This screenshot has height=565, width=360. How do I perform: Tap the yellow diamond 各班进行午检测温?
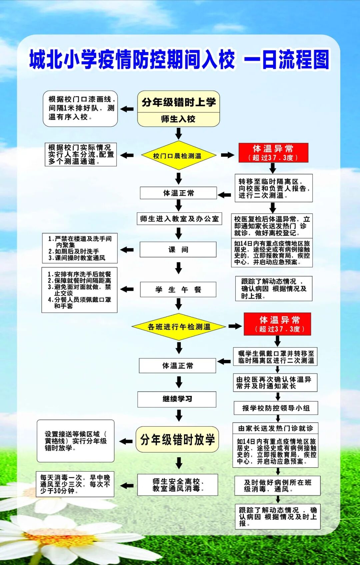click(179, 327)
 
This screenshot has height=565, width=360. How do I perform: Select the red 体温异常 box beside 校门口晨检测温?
click(273, 153)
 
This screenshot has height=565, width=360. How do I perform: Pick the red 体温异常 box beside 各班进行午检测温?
click(277, 324)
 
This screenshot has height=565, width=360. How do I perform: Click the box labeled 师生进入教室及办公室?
click(179, 219)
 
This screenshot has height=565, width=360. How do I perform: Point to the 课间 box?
click(178, 249)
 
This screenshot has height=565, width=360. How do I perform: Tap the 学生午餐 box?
click(178, 290)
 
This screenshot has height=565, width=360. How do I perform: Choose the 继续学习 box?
click(177, 399)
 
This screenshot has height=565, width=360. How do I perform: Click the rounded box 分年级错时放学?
click(177, 440)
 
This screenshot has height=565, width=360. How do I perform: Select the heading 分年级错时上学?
click(179, 102)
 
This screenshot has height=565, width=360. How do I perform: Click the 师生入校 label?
click(178, 119)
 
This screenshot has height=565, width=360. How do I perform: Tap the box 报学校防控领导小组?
click(276, 408)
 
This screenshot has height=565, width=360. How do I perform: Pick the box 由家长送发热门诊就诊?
click(275, 428)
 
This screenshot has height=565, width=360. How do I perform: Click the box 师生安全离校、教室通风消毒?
click(178, 485)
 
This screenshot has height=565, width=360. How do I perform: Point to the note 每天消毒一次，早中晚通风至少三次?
click(75, 484)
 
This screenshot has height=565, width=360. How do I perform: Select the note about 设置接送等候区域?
click(76, 441)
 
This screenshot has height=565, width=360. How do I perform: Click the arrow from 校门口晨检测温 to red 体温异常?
click(228, 155)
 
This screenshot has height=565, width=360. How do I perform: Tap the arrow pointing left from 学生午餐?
click(127, 289)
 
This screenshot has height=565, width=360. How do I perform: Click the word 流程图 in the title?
click(304, 60)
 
